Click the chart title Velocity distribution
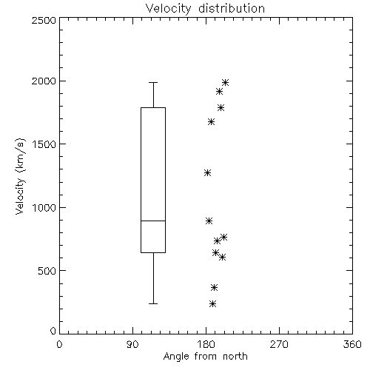point(205,8)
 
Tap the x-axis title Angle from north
point(205,357)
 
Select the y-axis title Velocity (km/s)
point(20,177)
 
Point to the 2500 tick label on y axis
point(44,20)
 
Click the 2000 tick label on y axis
point(44,81)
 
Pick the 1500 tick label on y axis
point(44,144)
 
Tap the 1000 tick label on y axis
point(44,207)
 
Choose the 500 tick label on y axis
point(47,271)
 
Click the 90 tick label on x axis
point(132,344)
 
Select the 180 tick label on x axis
point(206,344)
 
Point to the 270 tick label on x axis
point(279,344)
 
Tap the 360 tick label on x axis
point(352,344)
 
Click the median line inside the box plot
point(153,221)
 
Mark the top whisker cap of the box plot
point(153,82)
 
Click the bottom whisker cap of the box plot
point(153,303)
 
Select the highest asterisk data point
point(225,82)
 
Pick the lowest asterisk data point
point(212,304)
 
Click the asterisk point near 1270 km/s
point(208,172)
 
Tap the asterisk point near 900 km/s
point(209,221)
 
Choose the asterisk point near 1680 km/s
point(211,121)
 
